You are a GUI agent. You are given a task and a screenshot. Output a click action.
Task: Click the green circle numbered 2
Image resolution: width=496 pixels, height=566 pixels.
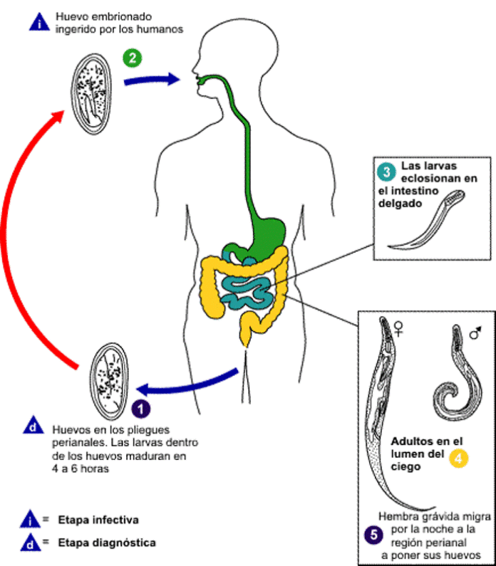(x=130, y=58)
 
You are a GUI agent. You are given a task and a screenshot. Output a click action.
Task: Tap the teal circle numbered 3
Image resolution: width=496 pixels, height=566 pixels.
(x=385, y=172)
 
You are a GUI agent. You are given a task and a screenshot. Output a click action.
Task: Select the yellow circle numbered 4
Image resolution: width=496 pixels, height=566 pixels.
(x=458, y=459)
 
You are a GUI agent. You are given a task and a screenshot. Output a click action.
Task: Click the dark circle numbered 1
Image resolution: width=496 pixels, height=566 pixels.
(x=142, y=408)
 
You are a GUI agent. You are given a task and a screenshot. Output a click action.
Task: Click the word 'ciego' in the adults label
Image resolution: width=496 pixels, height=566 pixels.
(x=407, y=468)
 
